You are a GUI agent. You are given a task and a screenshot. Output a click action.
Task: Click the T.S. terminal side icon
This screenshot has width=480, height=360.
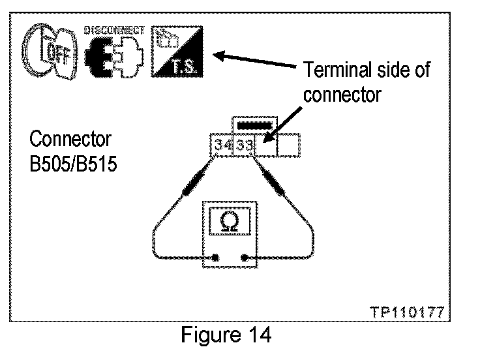click(177, 52)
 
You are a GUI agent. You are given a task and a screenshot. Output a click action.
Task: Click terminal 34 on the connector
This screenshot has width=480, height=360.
click(223, 145)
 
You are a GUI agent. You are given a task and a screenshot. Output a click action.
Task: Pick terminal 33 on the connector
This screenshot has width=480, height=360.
click(245, 145)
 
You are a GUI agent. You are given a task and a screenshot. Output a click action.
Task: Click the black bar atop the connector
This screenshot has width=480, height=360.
click(255, 125)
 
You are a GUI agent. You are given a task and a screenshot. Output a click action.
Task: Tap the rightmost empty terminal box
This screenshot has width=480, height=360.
click(289, 145)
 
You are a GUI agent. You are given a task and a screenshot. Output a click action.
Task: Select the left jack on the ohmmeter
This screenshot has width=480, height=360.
click(215, 259)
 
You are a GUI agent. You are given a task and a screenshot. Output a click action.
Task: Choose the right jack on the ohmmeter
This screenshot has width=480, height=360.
click(244, 259)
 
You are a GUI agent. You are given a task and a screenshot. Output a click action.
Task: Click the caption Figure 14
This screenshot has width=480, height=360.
click(226, 337)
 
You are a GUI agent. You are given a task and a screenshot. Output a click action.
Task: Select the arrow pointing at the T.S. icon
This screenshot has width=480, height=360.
click(258, 60)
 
